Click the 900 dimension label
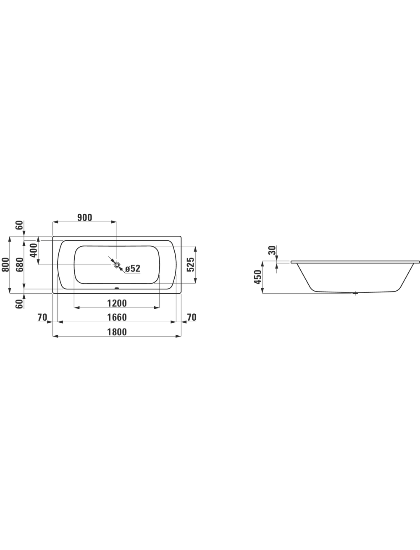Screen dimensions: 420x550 click(x=85, y=218)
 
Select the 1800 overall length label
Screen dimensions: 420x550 click(x=117, y=332)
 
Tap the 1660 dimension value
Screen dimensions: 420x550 click(x=117, y=318)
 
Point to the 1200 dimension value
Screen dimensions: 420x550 click(x=117, y=303)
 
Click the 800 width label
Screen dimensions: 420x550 click(x=5, y=264)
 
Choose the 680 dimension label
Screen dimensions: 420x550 click(x=20, y=264)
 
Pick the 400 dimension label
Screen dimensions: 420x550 click(x=33, y=250)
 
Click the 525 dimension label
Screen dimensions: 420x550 click(x=191, y=264)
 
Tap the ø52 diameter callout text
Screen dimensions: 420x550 click(x=133, y=268)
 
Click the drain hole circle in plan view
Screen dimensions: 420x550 click(x=117, y=265)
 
